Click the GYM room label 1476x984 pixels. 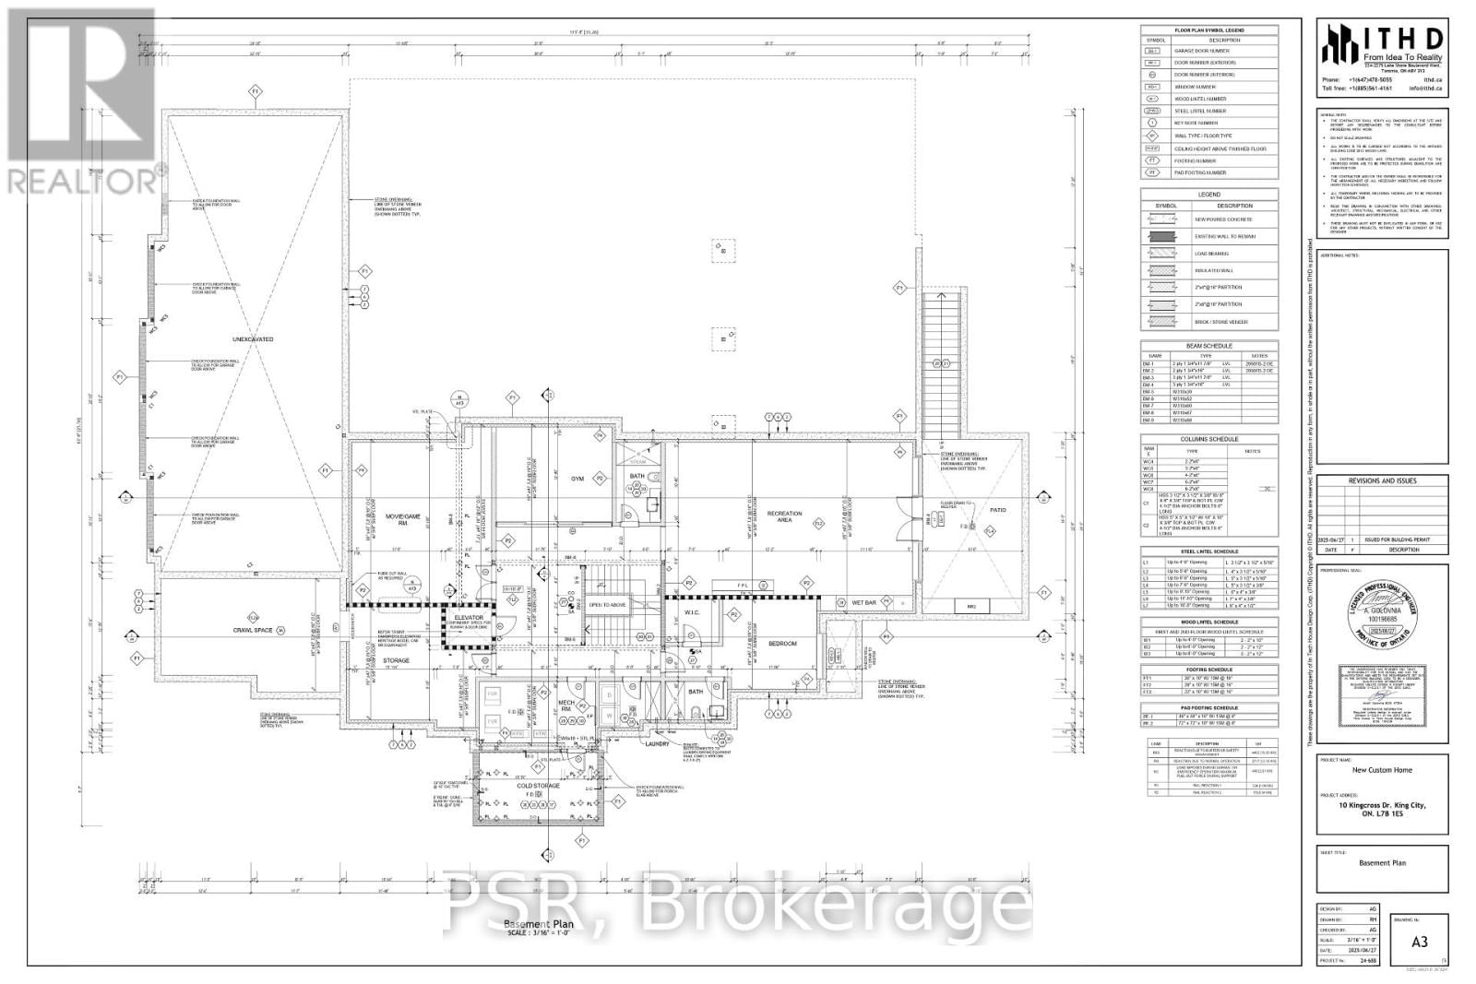578,479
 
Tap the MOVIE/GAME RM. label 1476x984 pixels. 403,520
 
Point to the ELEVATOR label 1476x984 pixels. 469,617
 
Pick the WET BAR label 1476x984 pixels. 864,602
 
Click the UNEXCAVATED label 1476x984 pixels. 253,339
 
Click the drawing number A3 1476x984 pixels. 1420,942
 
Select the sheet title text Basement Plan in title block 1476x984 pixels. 1382,863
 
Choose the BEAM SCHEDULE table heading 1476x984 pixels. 1209,346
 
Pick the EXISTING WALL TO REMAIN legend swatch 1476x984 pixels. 1158,237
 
